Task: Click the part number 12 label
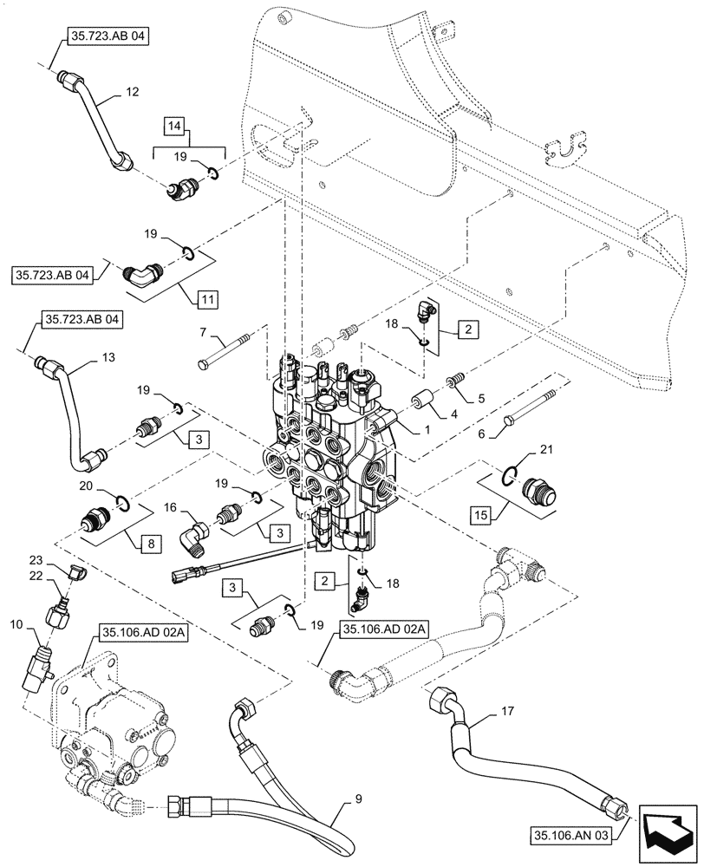[x=132, y=90]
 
